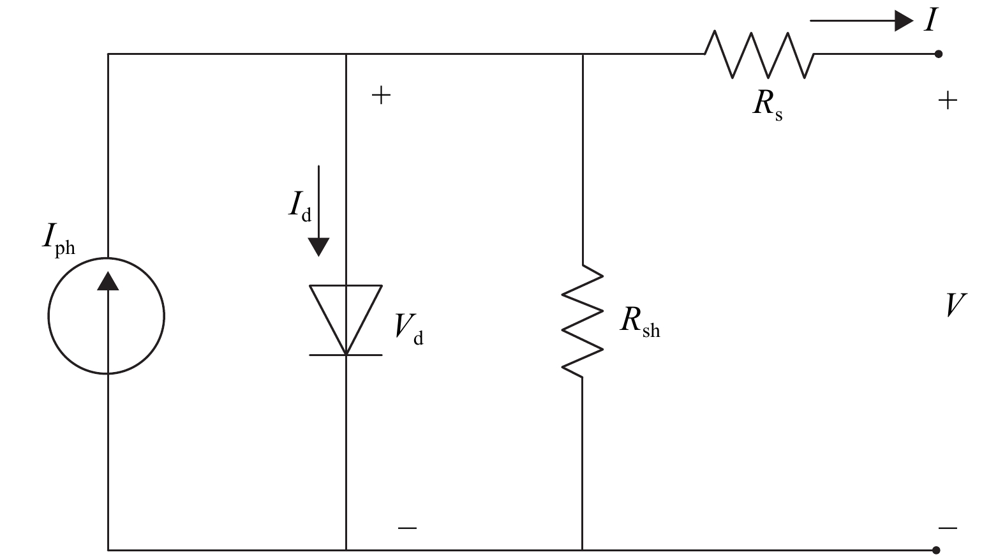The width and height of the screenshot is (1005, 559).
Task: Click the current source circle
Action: coord(106,316)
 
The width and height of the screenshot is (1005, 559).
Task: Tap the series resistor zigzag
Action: coord(759,55)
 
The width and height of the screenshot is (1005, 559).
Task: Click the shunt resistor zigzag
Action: coord(582,320)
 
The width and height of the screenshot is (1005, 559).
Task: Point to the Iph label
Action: coord(58,239)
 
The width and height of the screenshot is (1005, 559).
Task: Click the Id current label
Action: coord(299,205)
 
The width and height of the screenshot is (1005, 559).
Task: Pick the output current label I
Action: coord(931,20)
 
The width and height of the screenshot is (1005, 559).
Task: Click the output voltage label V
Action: coord(955,306)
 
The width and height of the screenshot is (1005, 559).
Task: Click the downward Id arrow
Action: coord(318,211)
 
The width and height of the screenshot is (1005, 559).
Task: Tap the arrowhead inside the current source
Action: coord(108,281)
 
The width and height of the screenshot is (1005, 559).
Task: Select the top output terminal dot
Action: coord(938,54)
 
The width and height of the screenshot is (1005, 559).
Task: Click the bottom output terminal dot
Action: coord(936,549)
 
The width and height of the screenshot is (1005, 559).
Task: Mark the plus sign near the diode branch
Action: coord(381,96)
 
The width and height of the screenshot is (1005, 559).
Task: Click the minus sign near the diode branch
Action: coord(407,528)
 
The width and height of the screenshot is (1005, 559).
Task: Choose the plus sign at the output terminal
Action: coord(948,101)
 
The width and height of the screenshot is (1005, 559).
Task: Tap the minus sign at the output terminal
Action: coord(948,528)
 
